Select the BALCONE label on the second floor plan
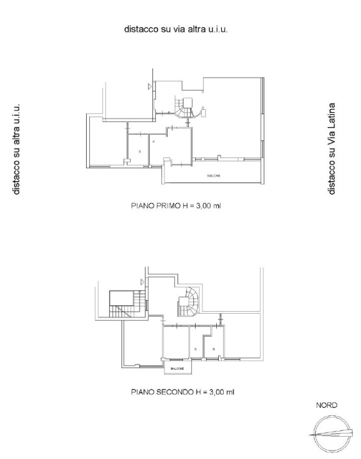coord(177,368)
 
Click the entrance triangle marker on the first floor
coord(151,85)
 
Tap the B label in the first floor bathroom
coord(139,151)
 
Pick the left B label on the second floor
coord(195,349)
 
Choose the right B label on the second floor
coord(214,349)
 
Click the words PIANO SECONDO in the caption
coord(157,391)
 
